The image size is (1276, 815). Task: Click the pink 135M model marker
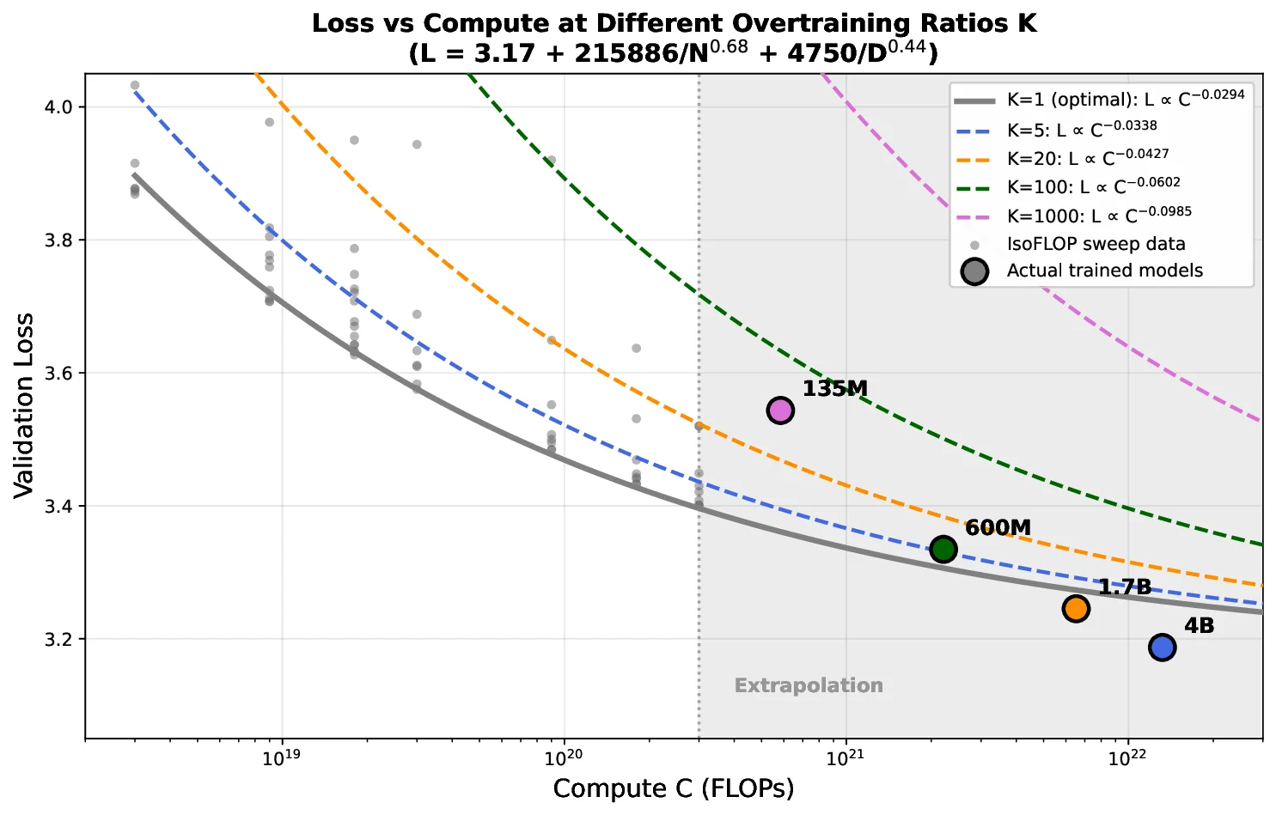(780, 411)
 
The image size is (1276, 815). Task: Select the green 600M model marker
(943, 549)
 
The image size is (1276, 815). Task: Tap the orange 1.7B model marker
(1076, 608)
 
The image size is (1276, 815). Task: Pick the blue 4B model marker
(1163, 647)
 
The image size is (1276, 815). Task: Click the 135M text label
(835, 389)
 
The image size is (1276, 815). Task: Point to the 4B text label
(1200, 626)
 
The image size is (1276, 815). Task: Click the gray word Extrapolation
(809, 685)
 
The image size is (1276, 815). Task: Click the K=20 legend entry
(1087, 157)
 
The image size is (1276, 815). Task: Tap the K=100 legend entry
(1093, 186)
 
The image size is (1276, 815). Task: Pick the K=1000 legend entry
(1099, 215)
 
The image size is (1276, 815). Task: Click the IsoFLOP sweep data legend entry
(1096, 244)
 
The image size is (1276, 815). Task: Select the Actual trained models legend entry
(1104, 271)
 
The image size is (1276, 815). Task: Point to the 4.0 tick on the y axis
(61, 107)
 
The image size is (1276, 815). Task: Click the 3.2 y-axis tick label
(61, 640)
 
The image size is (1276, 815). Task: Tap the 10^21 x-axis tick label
(846, 757)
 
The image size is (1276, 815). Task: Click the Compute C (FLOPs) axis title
(674, 788)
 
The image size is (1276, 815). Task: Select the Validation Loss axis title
(24, 405)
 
